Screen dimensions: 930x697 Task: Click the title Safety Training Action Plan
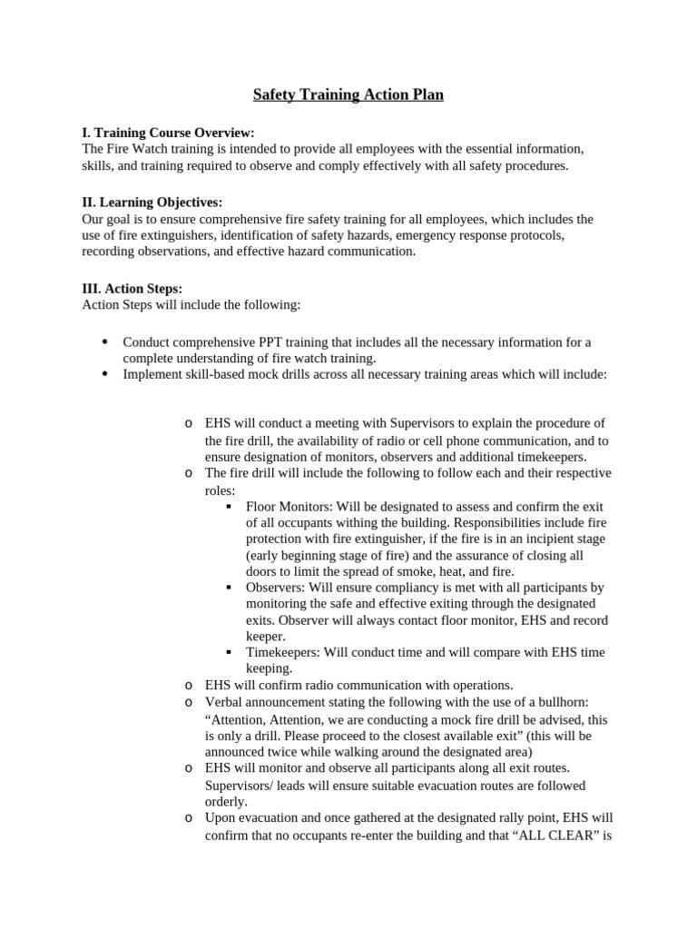pyautogui.click(x=348, y=94)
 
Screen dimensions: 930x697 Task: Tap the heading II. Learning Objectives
pyautogui.click(x=152, y=203)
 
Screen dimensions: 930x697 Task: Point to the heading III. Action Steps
pyautogui.click(x=132, y=289)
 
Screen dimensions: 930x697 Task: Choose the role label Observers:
pyautogui.click(x=276, y=588)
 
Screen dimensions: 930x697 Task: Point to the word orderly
pyautogui.click(x=226, y=802)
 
